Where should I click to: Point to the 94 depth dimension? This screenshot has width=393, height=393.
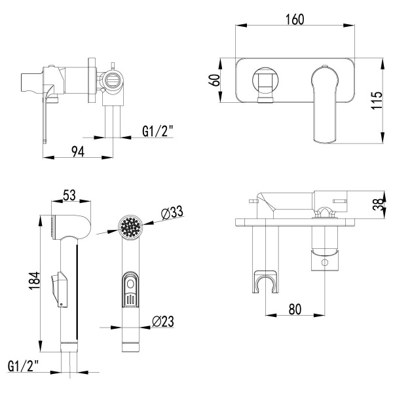(x=77, y=152)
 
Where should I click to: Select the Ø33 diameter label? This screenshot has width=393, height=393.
(x=171, y=212)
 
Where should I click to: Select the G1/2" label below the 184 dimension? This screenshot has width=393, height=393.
(x=24, y=365)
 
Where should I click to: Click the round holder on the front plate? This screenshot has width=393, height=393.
(x=266, y=83)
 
